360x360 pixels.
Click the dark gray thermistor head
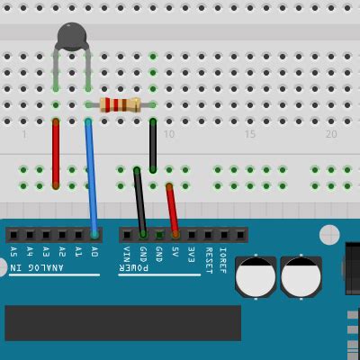pos(72,36)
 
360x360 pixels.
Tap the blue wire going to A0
pos(91,175)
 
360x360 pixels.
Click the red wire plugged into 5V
pos(172,210)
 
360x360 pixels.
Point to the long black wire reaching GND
pos(139,200)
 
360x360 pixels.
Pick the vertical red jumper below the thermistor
pos(56,153)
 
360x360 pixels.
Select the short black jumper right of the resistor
pos(153,144)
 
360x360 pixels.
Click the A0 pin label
pos(94,253)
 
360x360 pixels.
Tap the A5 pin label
pos(13,253)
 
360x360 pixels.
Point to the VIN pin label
pos(126,255)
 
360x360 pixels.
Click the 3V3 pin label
pos(192,255)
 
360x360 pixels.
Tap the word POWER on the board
pos(136,268)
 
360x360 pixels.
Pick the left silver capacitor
pos(256,276)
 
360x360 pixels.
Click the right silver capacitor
pos(301,276)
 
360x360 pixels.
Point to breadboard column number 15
pos(250,134)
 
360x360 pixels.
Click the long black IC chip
pos(122,322)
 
